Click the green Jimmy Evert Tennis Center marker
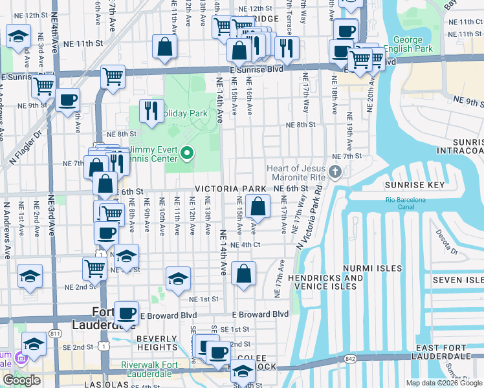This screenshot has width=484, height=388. [187, 153]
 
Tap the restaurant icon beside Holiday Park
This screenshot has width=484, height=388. [149, 111]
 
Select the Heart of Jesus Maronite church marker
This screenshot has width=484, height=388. [335, 172]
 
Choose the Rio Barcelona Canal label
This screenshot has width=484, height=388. [406, 199]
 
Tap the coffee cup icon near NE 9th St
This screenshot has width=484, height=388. [67, 100]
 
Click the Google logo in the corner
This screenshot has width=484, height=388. [22, 380]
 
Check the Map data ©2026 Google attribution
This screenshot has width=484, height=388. [444, 383]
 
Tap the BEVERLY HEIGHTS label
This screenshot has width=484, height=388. [157, 343]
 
